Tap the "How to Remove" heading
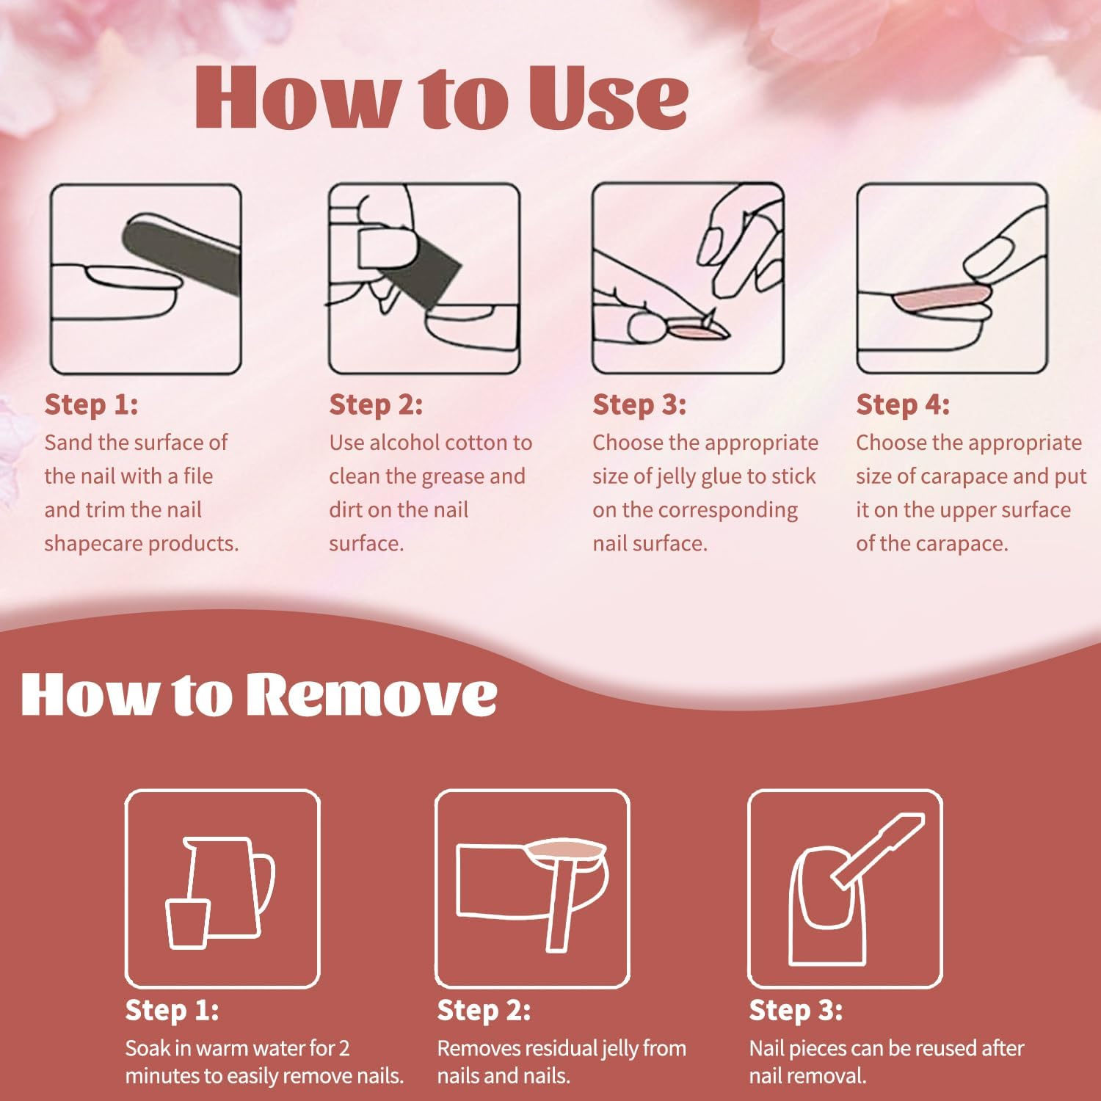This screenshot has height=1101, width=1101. (259, 694)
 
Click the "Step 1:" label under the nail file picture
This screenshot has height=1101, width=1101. (91, 404)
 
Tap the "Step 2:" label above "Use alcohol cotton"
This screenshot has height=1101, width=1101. (376, 404)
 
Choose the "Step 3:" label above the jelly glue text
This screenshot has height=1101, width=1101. (639, 404)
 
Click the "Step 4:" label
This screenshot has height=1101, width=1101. (903, 404)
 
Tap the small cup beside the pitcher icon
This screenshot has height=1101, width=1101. (188, 923)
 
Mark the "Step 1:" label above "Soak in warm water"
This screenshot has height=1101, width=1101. (172, 1010)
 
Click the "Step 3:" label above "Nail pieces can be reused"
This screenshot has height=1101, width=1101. (796, 1010)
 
